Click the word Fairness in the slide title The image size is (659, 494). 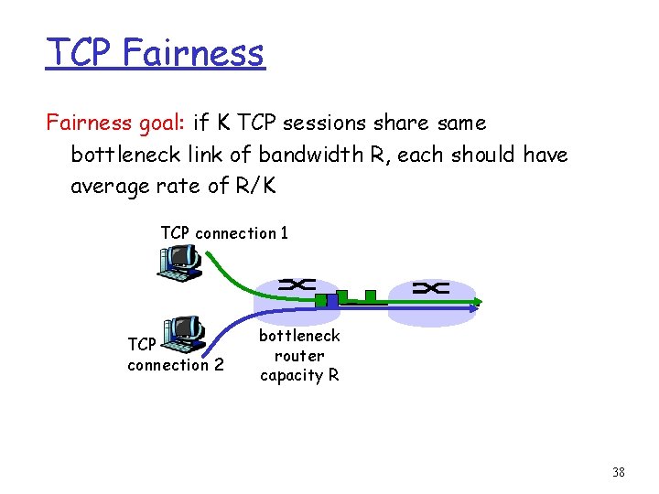pyautogui.click(x=193, y=52)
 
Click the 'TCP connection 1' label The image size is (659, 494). pyautogui.click(x=224, y=233)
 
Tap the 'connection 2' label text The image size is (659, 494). pyautogui.click(x=176, y=365)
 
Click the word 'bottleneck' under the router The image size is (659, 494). pyautogui.click(x=299, y=337)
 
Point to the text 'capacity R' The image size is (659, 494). pyautogui.click(x=299, y=375)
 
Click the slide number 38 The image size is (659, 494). pyautogui.click(x=618, y=473)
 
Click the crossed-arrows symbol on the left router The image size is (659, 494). pyautogui.click(x=297, y=285)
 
